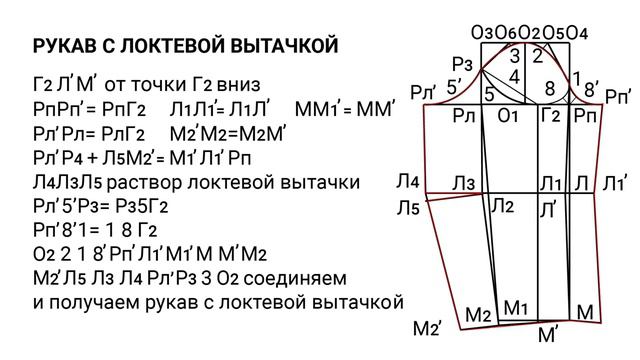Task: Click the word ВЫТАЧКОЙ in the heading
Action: tap(283, 46)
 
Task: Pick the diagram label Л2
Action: tap(502, 206)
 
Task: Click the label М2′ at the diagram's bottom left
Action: tap(427, 328)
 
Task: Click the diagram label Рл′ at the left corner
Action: tap(425, 93)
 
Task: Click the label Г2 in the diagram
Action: tap(550, 116)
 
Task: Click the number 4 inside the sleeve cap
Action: tap(514, 75)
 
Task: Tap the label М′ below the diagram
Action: tap(550, 335)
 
